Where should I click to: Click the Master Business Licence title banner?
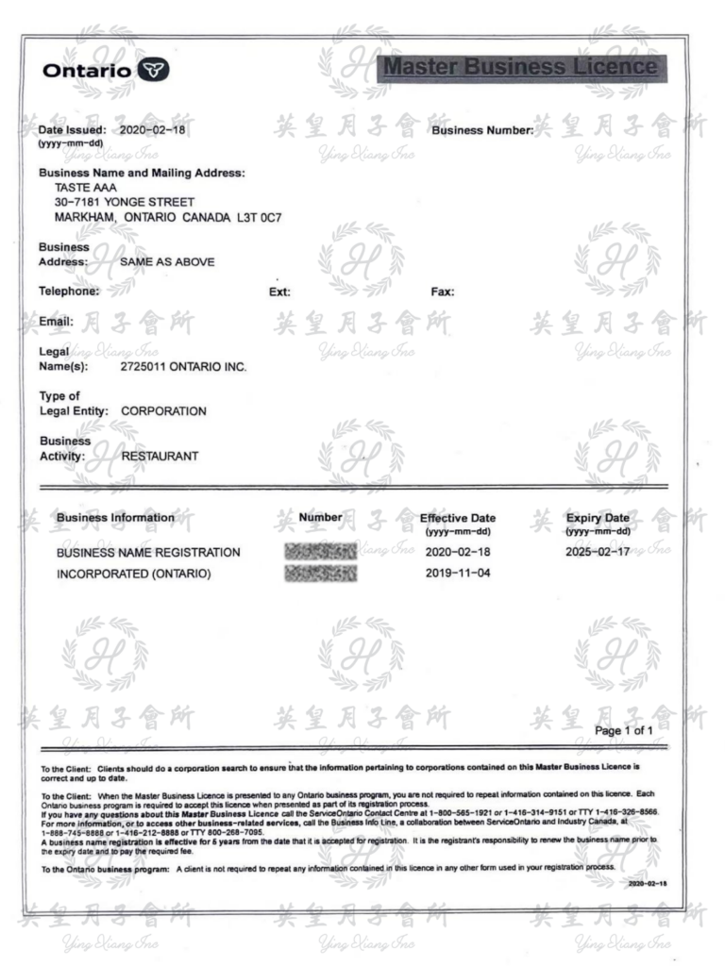pos(521,68)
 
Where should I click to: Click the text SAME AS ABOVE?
pos(167,261)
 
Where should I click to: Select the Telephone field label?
pos(69,291)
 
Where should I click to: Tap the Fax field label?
pos(443,291)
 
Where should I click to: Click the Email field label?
pos(56,322)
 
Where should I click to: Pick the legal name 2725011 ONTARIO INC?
pos(184,366)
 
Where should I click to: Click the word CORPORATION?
pos(163,411)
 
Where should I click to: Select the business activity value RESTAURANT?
pos(160,457)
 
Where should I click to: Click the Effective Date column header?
pos(458,518)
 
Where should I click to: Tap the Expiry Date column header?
pos(597,518)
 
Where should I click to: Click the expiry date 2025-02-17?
pos(598,552)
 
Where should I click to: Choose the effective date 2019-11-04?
pos(457,573)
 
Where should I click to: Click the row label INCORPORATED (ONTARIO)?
pos(133,573)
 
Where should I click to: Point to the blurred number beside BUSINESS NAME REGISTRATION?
pos(319,552)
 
